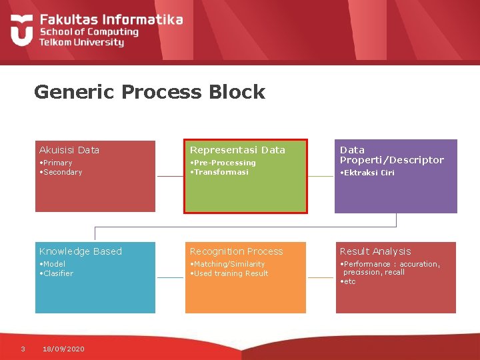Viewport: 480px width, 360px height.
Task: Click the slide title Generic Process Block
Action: [149, 92]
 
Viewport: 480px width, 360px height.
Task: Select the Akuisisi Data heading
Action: [69, 150]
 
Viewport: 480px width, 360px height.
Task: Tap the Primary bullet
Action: [57, 163]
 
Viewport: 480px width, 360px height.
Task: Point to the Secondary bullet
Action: [61, 172]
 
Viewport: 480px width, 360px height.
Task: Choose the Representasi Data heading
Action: [237, 150]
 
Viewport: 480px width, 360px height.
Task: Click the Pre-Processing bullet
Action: [223, 163]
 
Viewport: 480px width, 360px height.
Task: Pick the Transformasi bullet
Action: [220, 172]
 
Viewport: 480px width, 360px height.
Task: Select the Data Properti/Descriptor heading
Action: [391, 155]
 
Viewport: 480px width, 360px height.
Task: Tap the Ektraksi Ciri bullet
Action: [368, 173]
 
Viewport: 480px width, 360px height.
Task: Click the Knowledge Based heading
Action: [81, 251]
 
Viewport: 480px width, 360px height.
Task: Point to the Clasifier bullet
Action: [57, 273]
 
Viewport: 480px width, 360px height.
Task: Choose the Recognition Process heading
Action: [237, 251]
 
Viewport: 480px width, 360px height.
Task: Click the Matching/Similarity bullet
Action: [228, 264]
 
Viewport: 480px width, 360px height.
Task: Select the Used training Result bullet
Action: [230, 273]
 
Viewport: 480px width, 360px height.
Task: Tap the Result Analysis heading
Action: [375, 251]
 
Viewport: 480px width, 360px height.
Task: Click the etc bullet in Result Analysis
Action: [349, 281]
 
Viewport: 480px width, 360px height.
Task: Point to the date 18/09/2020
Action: [63, 349]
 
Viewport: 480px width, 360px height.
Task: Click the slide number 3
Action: [23, 348]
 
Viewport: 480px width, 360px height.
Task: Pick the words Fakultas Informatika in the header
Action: [111, 20]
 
